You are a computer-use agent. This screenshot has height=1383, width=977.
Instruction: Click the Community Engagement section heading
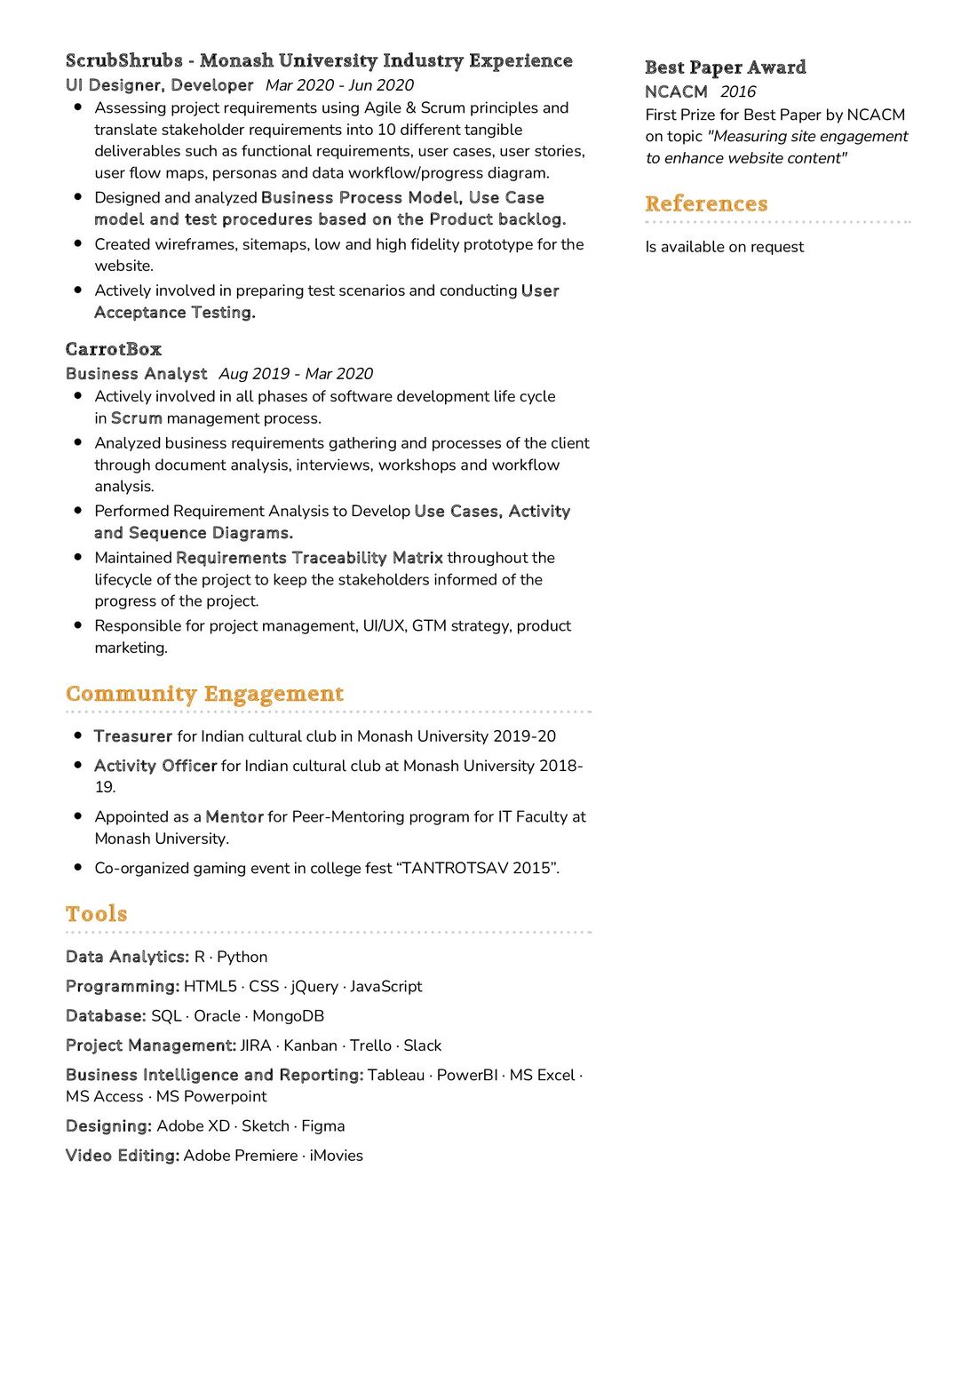pos(204,694)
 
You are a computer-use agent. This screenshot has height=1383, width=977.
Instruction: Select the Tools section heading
pos(96,914)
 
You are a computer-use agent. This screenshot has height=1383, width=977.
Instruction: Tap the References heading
pos(706,203)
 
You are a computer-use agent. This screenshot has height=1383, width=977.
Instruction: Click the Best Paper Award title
pos(725,68)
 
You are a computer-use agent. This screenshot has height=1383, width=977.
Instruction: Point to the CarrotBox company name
pos(114,349)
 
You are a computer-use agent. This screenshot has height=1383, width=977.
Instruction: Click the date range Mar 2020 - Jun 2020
pos(339,85)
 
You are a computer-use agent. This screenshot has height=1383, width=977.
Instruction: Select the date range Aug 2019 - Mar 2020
pos(296,374)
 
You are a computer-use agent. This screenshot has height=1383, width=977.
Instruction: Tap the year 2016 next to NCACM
pos(737,91)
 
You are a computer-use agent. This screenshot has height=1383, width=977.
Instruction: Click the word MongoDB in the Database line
pos(288,1016)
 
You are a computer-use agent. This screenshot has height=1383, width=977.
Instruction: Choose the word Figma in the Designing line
pos(322,1126)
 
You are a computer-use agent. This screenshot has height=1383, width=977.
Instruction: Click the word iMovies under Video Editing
pos(336,1156)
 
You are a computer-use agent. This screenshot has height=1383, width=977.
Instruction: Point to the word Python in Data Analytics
pos(242,957)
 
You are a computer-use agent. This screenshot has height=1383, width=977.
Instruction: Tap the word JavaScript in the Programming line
pos(385,987)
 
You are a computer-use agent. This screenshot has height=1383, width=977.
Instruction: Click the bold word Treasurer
pos(133,736)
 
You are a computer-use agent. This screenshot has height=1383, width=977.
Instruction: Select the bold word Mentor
pos(234,817)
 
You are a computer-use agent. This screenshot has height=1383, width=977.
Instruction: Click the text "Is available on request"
pos(724,247)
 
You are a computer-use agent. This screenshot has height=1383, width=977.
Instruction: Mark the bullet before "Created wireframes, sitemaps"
pos(77,243)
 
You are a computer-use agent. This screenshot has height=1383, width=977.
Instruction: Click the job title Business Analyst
pos(136,374)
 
